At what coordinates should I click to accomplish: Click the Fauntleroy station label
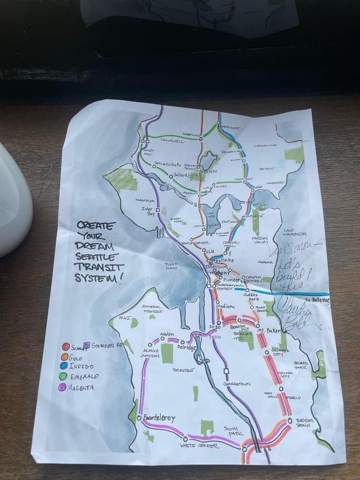pyautogui.click(x=159, y=419)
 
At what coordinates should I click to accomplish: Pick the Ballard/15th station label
pyautogui.click(x=186, y=176)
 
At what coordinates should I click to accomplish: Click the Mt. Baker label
pyautogui.click(x=277, y=330)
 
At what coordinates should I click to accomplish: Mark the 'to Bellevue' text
pyautogui.click(x=318, y=300)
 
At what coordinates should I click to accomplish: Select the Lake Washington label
pyautogui.click(x=296, y=232)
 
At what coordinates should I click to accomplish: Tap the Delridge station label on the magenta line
pyautogui.click(x=187, y=348)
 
